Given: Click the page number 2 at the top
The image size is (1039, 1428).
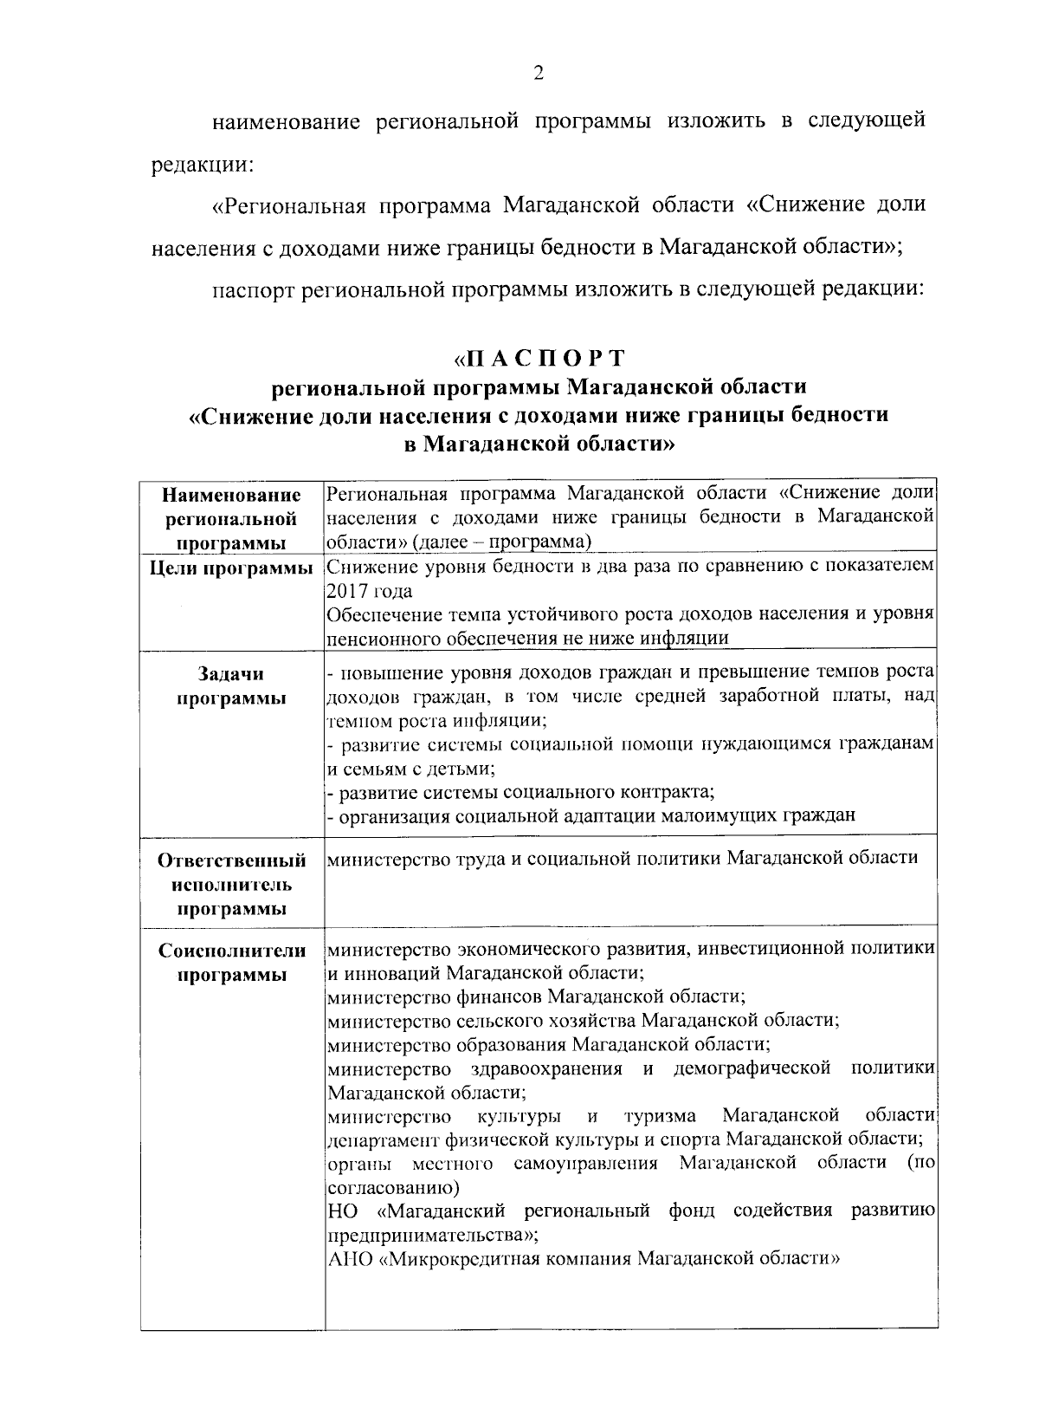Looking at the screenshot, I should pyautogui.click(x=538, y=75).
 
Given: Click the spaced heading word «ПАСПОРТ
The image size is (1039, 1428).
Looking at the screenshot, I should pyautogui.click(x=539, y=358).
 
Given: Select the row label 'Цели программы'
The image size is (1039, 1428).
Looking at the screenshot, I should pyautogui.click(x=232, y=568).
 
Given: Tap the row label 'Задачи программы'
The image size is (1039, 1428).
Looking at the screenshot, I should pyautogui.click(x=232, y=686).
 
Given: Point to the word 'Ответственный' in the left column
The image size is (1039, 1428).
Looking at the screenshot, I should pyautogui.click(x=232, y=860).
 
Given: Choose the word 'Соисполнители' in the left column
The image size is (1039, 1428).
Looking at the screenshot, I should pyautogui.click(x=232, y=951).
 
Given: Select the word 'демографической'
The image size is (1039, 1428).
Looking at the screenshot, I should pyautogui.click(x=752, y=1067).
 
